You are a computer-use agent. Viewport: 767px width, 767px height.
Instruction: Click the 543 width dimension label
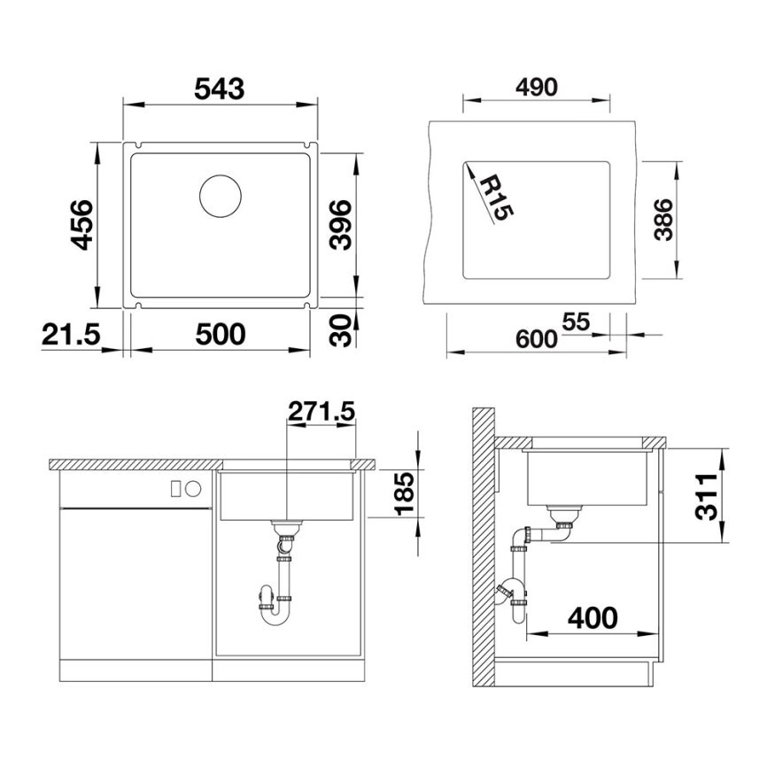(219, 88)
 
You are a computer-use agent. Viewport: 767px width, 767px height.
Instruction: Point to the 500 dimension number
(219, 334)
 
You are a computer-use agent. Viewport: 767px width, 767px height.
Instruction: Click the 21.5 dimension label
(71, 334)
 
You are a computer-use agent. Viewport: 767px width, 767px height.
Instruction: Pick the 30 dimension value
(341, 330)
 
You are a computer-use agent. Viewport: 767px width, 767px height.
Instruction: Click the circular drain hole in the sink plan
(220, 195)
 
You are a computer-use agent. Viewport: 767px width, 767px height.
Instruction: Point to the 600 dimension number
(537, 337)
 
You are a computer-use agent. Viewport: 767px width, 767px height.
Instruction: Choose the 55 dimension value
(575, 322)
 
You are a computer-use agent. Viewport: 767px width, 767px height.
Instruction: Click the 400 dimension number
(592, 617)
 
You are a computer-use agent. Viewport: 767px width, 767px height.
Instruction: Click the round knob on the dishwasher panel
(193, 488)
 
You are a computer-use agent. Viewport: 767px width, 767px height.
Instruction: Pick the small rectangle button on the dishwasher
(175, 488)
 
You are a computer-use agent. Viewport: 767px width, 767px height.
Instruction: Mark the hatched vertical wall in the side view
(483, 549)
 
